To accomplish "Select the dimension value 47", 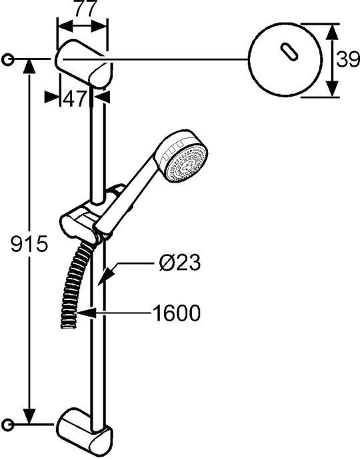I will [75, 99].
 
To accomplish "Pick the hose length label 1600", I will [174, 312].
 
